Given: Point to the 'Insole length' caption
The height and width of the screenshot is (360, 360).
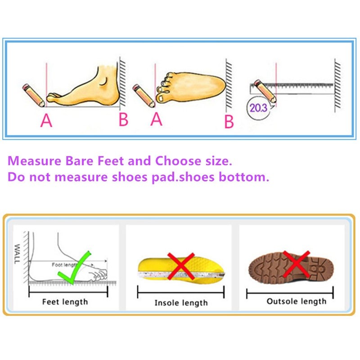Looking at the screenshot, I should pos(181,302).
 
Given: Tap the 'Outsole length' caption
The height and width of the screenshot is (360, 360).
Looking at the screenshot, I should pos(296,301).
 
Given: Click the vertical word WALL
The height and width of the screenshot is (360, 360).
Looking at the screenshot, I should pos(17,254).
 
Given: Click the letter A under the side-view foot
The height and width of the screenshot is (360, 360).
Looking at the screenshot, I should pos(46,120).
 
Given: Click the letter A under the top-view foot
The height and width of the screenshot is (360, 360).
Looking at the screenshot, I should pos(156,119).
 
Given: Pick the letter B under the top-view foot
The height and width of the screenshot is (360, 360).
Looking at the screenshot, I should pos(229,121).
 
